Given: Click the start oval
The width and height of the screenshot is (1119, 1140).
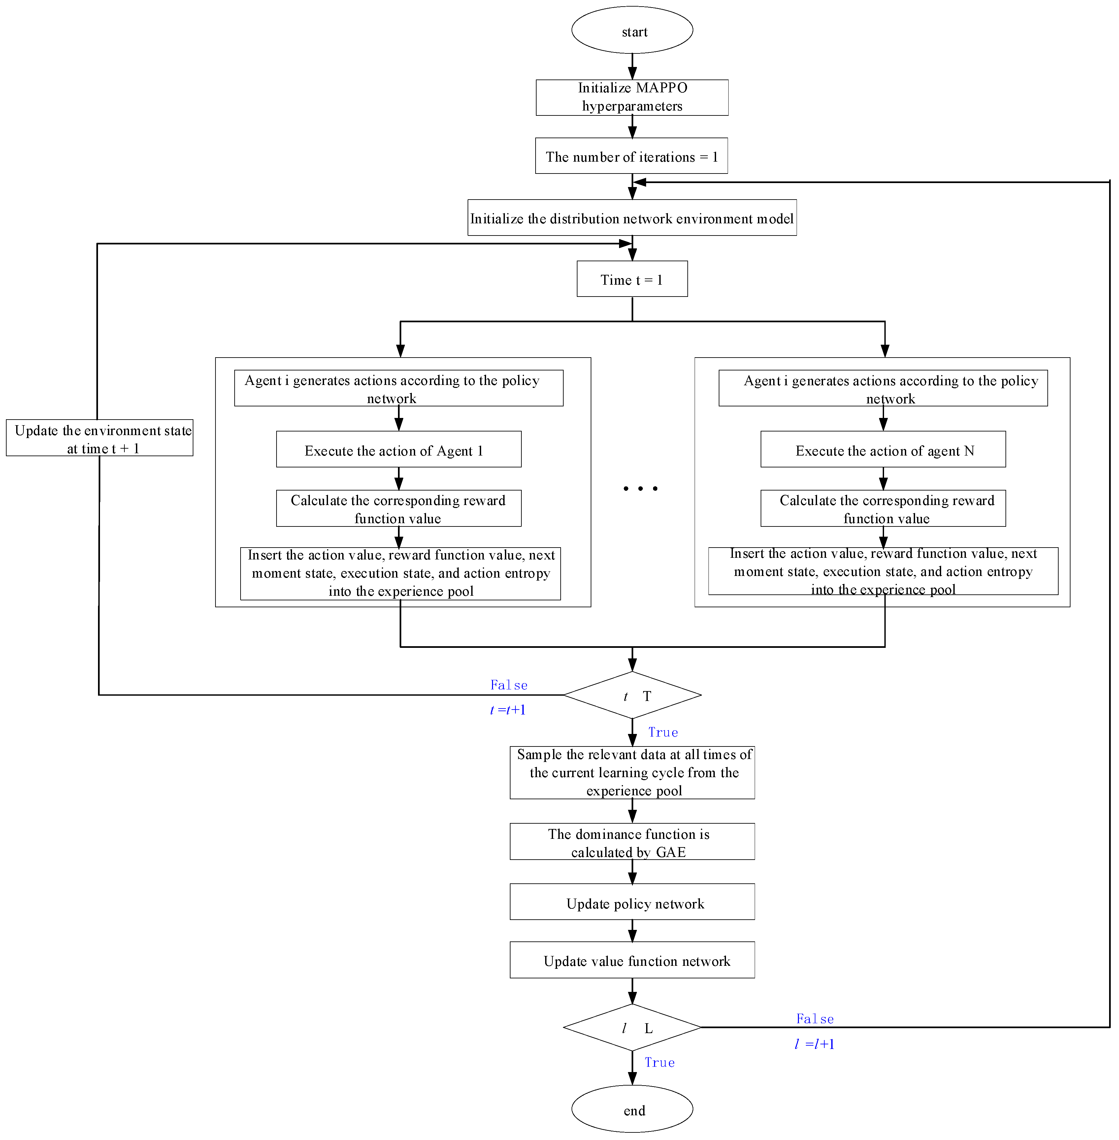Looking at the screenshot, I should pos(632,30).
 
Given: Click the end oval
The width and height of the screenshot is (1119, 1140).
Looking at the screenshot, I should pos(632,1109).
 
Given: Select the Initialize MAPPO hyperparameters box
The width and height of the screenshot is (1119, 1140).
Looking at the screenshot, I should pos(632,98).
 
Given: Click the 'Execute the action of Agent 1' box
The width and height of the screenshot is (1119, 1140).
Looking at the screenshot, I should pos(399,450).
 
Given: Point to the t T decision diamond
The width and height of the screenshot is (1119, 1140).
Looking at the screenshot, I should pos(632,695).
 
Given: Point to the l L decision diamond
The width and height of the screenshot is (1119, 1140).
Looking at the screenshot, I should pos(632,1028).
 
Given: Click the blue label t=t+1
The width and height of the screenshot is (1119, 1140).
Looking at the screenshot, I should pos(508,710).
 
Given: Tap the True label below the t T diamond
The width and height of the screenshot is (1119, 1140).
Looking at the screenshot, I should pos(663,732).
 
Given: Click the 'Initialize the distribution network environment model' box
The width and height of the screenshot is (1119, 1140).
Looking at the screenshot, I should pos(632,218).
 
